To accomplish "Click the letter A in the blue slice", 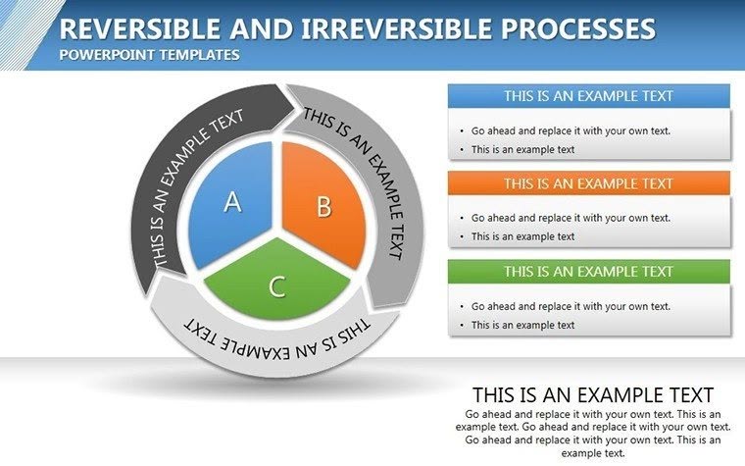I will click(x=232, y=202).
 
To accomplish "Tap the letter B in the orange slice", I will click(x=323, y=207).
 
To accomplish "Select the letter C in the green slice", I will click(x=277, y=286).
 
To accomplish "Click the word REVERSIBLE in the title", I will click(x=135, y=28).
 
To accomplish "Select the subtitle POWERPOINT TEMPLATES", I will click(x=149, y=55).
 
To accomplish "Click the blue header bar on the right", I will click(x=588, y=96).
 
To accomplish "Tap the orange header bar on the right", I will click(x=588, y=183).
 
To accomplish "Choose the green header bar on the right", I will click(x=588, y=271).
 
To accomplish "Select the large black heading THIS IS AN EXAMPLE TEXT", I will click(x=592, y=395).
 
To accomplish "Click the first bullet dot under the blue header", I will click(x=462, y=130).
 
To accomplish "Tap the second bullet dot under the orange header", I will click(x=462, y=237).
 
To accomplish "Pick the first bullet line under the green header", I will click(x=571, y=306).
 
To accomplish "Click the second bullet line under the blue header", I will click(x=522, y=150).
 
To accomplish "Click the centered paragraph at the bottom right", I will click(x=593, y=434).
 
